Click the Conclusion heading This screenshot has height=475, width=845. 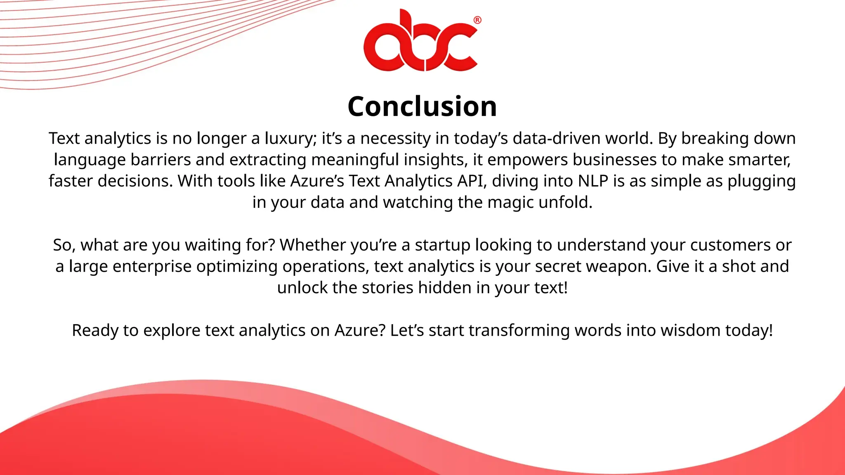pos(422,106)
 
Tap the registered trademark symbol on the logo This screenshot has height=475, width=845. pos(477,20)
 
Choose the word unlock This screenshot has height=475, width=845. pos(302,288)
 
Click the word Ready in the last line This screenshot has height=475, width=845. pos(94,331)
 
